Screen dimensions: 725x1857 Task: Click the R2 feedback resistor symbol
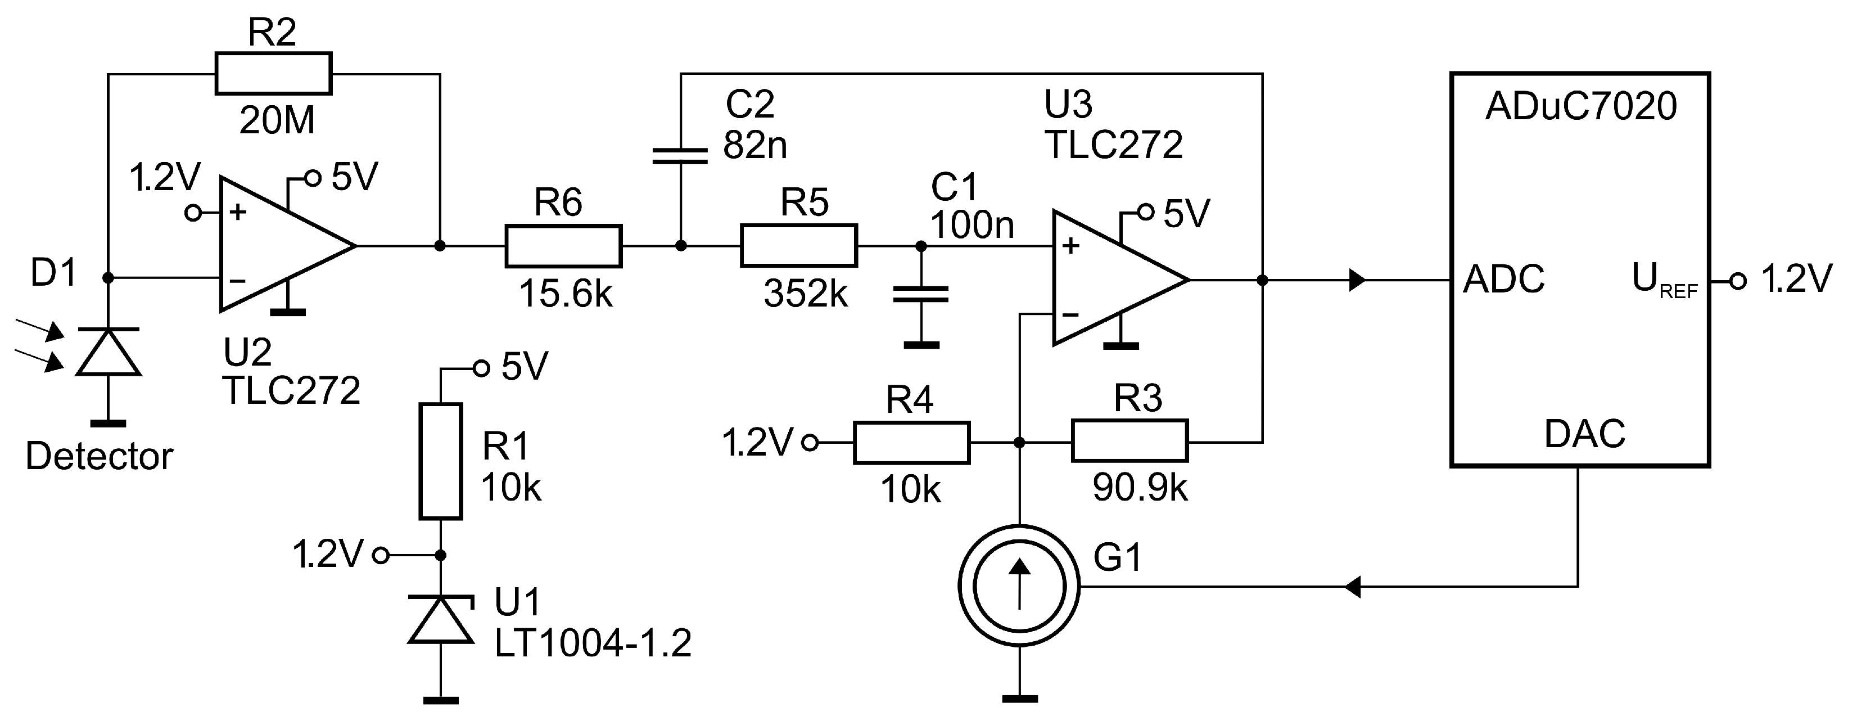click(273, 74)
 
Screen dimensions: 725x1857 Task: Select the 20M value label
click(277, 120)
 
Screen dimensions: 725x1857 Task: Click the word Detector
click(100, 457)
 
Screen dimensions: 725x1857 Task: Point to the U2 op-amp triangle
click(278, 245)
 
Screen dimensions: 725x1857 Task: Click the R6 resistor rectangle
click(563, 246)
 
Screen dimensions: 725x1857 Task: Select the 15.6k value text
click(565, 294)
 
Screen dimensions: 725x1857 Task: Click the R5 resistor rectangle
click(799, 246)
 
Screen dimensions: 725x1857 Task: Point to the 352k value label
click(805, 294)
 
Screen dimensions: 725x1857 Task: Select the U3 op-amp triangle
click(1110, 278)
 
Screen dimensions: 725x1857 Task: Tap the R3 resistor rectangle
click(1129, 442)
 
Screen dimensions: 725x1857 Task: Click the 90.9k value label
click(1140, 488)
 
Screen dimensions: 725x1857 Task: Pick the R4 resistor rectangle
click(911, 442)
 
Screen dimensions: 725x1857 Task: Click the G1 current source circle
click(1019, 586)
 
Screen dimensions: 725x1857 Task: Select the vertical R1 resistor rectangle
click(440, 462)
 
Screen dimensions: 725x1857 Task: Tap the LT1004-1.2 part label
click(593, 643)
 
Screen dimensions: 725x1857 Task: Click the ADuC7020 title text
click(1581, 107)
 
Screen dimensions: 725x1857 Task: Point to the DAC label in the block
click(1584, 434)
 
